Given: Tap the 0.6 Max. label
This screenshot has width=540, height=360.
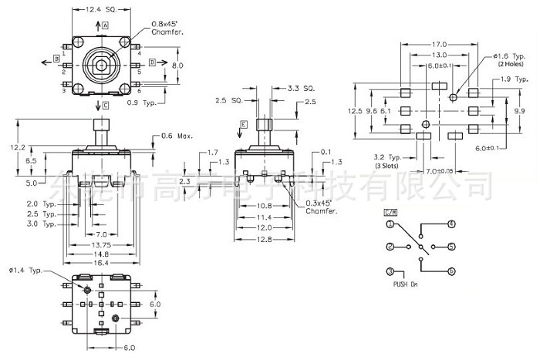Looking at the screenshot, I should click(x=177, y=136).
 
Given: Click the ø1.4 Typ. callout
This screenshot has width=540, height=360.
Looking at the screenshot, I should click(x=27, y=271).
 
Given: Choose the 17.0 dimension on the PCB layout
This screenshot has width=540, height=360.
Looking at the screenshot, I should click(x=440, y=44).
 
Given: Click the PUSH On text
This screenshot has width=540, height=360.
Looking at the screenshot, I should click(x=405, y=284).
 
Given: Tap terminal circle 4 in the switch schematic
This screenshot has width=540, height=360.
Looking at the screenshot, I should click(x=451, y=224).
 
